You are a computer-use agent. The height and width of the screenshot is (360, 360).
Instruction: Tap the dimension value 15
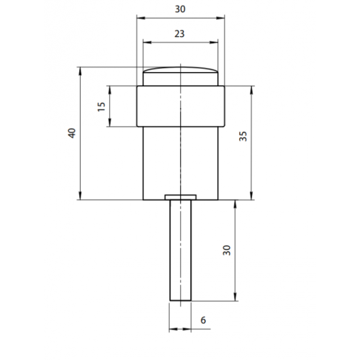click(x=101, y=107)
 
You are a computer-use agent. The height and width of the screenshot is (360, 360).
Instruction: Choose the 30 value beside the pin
click(x=227, y=251)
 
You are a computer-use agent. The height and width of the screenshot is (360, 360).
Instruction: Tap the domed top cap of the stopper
click(x=180, y=76)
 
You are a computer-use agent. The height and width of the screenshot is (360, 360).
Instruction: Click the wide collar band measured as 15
click(x=180, y=107)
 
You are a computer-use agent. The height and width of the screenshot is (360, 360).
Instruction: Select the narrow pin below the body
click(x=179, y=252)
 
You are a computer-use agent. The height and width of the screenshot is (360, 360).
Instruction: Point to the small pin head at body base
click(x=180, y=196)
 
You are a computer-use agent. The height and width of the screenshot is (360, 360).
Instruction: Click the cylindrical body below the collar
click(x=180, y=162)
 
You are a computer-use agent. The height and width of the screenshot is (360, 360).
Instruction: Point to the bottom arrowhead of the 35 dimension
click(x=251, y=197)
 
